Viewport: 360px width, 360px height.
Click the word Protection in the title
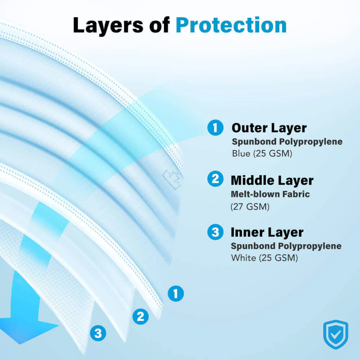click(x=231, y=26)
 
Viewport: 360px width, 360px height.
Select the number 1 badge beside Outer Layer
click(x=215, y=128)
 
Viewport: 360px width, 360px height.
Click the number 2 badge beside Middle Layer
click(x=215, y=179)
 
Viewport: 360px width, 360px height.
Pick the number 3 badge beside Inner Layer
click(x=215, y=232)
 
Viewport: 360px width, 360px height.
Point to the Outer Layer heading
click(x=269, y=128)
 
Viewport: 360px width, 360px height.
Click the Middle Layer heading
click(x=272, y=180)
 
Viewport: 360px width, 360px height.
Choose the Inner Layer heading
click(x=267, y=233)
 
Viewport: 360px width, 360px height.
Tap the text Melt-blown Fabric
click(x=270, y=194)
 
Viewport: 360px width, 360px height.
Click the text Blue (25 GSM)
click(x=262, y=153)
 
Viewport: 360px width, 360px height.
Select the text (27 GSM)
click(x=250, y=207)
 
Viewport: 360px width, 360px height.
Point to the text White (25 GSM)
click(x=265, y=258)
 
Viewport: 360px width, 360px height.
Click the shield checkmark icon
click(x=336, y=334)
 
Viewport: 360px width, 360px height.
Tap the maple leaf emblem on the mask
click(x=172, y=180)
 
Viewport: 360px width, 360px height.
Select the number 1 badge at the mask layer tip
click(x=176, y=293)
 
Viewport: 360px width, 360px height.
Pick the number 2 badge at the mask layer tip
click(x=140, y=316)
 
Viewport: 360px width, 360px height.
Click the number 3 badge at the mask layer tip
click(x=98, y=333)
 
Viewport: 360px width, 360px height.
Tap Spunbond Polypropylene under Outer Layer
click(x=287, y=141)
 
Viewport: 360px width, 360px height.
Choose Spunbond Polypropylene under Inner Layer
click(x=286, y=246)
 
